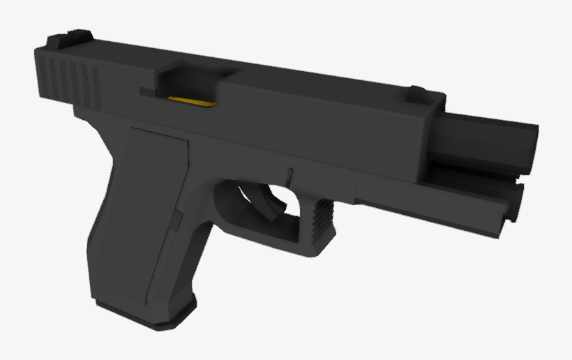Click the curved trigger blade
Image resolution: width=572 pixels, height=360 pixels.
click(x=271, y=199)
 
